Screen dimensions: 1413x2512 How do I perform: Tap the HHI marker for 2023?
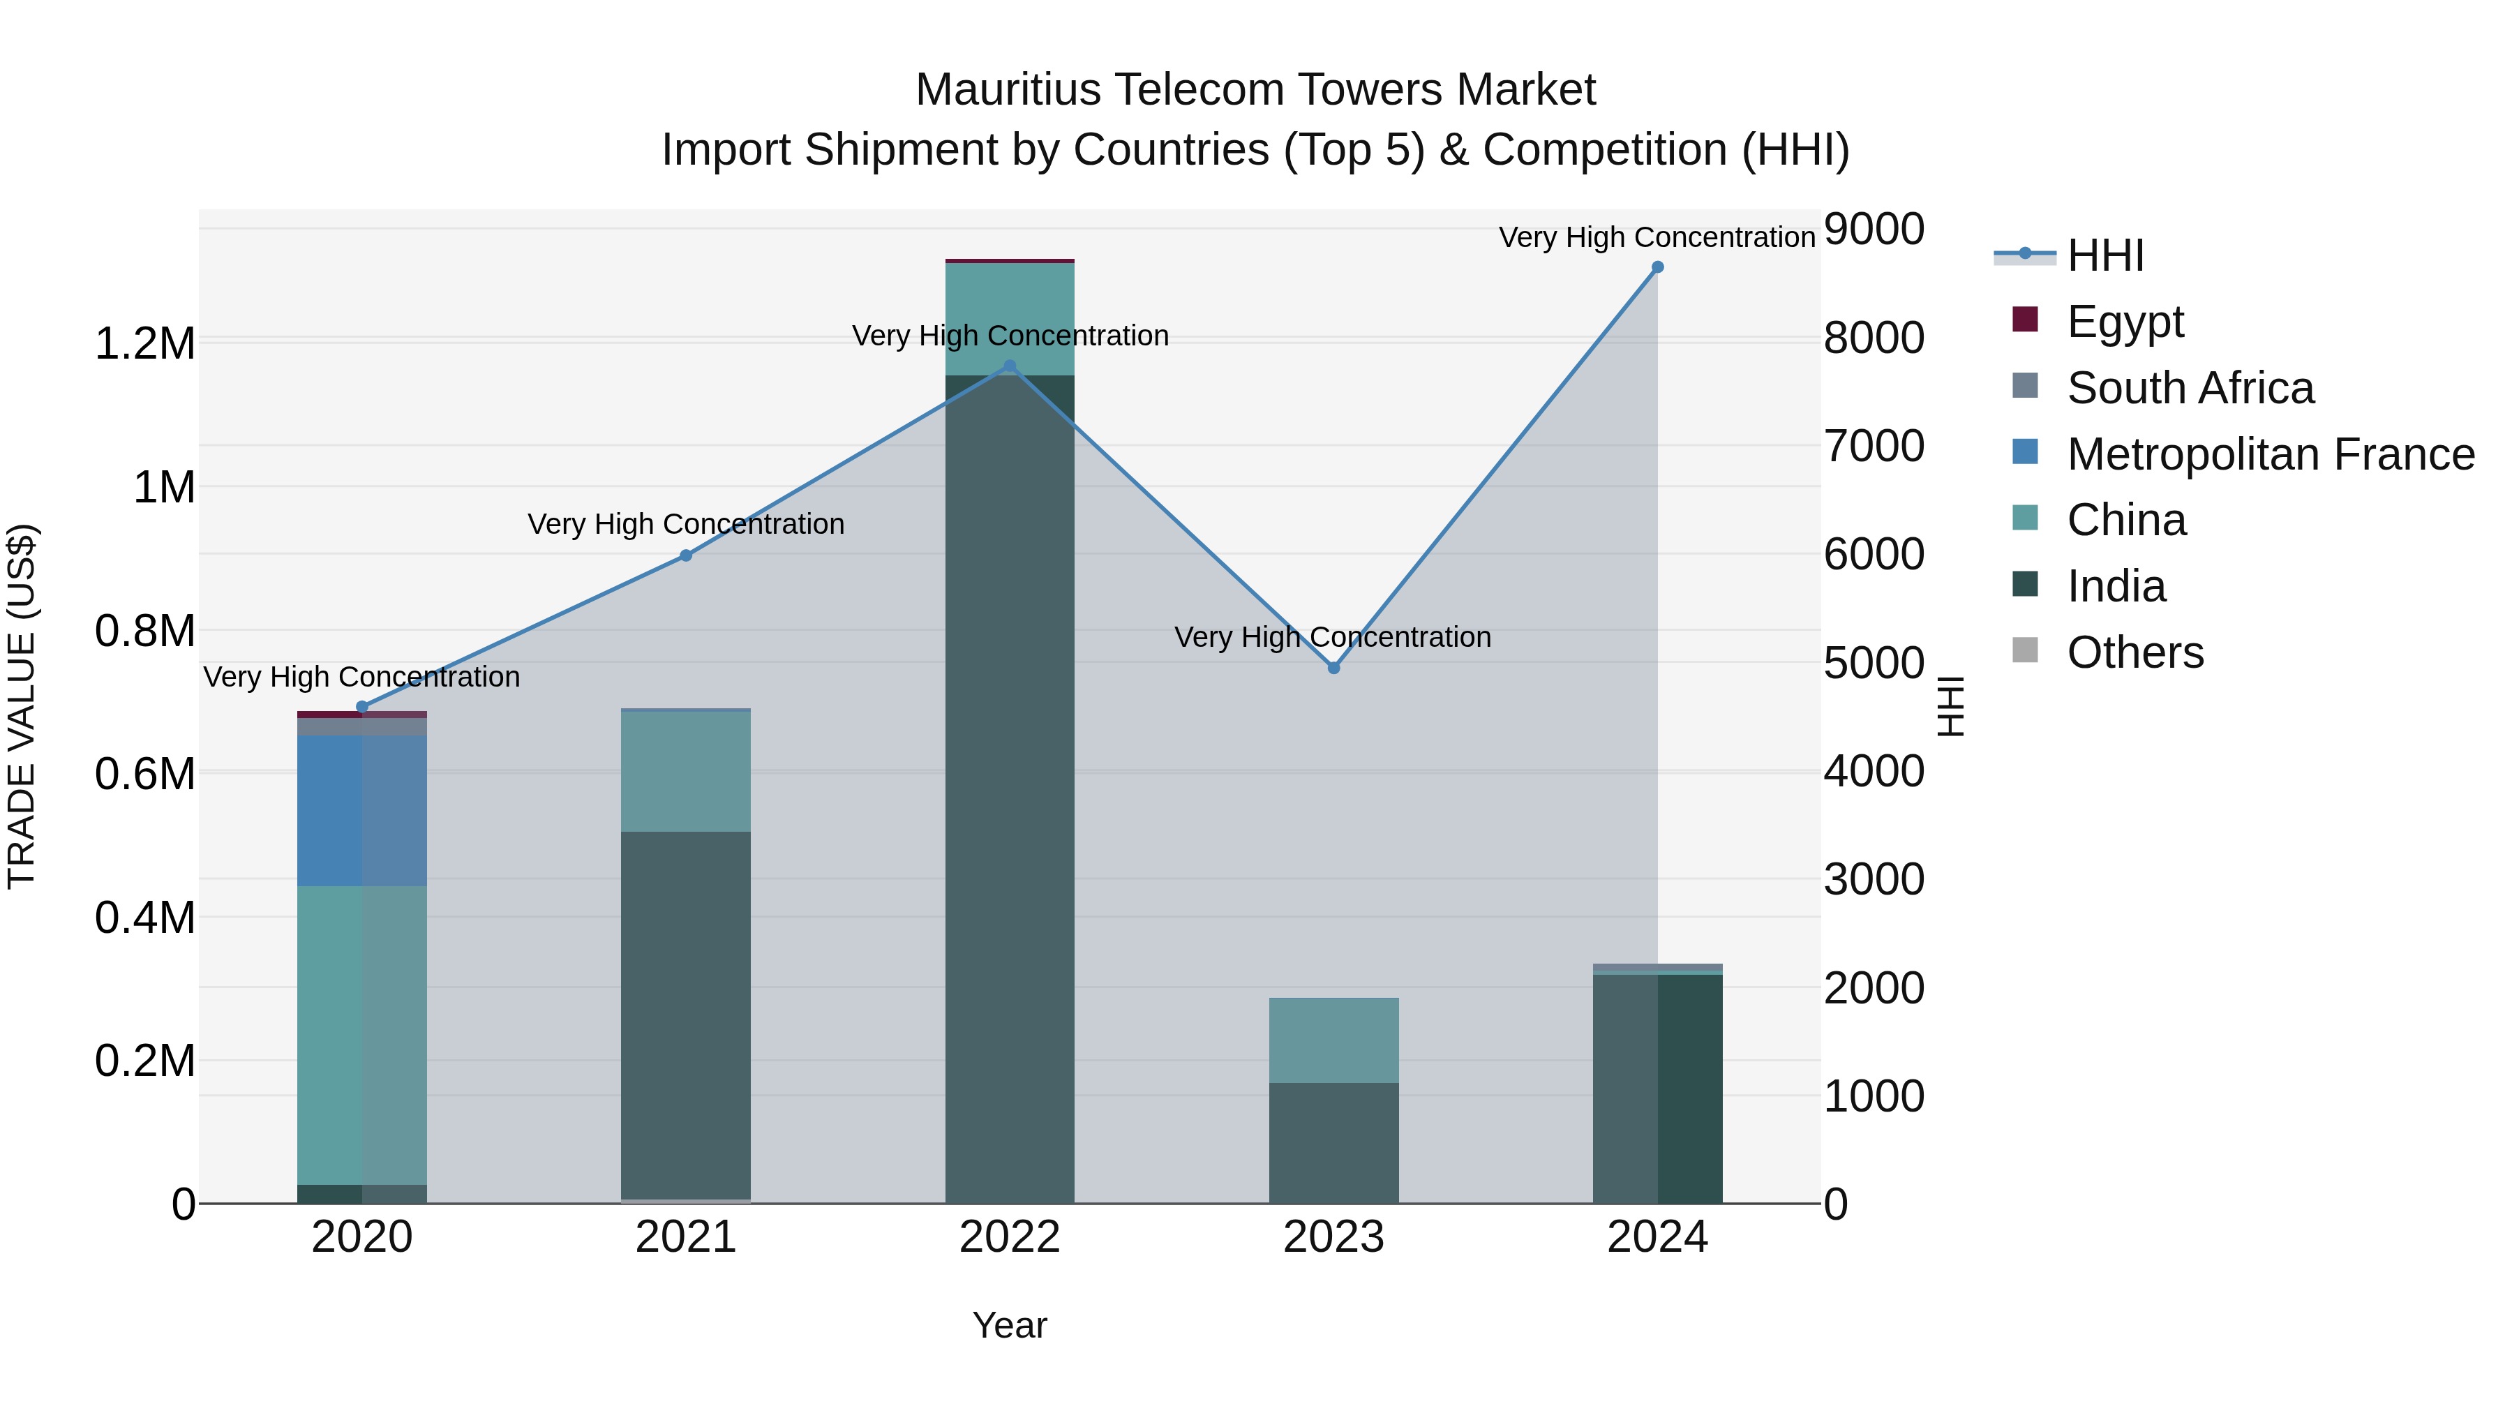pyautogui.click(x=1334, y=668)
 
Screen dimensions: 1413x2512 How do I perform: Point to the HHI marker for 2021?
pyautogui.click(x=685, y=556)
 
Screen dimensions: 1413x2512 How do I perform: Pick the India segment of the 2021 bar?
pyautogui.click(x=685, y=1014)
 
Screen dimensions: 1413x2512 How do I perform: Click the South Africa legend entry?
pyautogui.click(x=2189, y=387)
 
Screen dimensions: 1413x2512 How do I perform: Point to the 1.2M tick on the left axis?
pyautogui.click(x=144, y=344)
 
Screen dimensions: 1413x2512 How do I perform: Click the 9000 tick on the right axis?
pyautogui.click(x=1874, y=230)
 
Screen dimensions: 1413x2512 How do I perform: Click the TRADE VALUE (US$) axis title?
pyautogui.click(x=22, y=706)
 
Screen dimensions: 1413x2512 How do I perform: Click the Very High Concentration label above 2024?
pyautogui.click(x=1656, y=237)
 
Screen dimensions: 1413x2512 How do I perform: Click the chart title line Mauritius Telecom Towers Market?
pyautogui.click(x=1255, y=90)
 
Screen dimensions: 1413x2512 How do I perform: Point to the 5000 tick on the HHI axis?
pyautogui.click(x=1874, y=663)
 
